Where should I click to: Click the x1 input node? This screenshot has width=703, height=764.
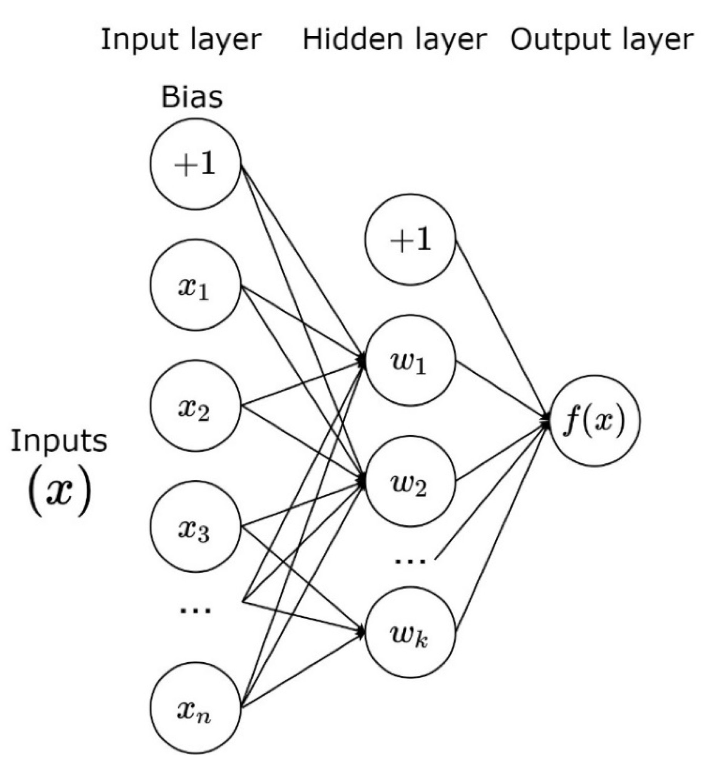(x=195, y=285)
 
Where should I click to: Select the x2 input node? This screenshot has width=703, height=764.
(x=195, y=406)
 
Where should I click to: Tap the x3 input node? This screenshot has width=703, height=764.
(x=195, y=527)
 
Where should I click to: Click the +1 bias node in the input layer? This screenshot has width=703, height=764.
(x=195, y=164)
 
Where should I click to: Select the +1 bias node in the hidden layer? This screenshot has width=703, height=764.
(x=410, y=239)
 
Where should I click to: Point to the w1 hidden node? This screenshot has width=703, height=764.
(x=410, y=360)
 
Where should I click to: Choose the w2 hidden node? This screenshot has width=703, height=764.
(x=410, y=481)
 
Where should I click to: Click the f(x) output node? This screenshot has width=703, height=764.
(x=594, y=421)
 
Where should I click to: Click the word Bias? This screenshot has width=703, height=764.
(x=192, y=97)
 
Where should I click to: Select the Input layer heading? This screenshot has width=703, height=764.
(x=181, y=40)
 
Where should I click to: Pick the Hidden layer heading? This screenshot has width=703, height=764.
(x=395, y=40)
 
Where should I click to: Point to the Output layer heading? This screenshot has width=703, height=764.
(x=601, y=40)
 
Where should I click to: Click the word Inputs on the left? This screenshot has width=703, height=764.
(x=59, y=441)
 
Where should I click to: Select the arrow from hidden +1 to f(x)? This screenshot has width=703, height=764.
(x=500, y=328)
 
